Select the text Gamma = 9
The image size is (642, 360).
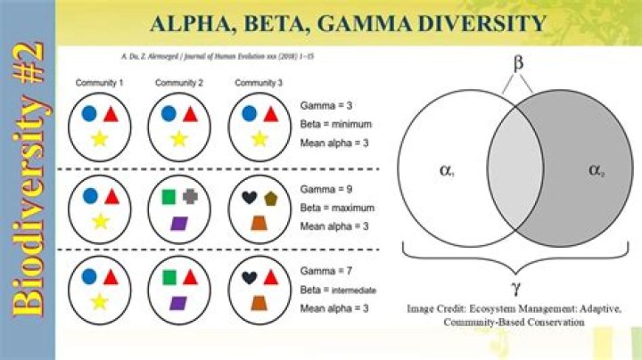coord(325,190)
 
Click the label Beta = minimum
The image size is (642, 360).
coord(336,124)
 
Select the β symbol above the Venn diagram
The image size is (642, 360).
coord(515,63)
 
